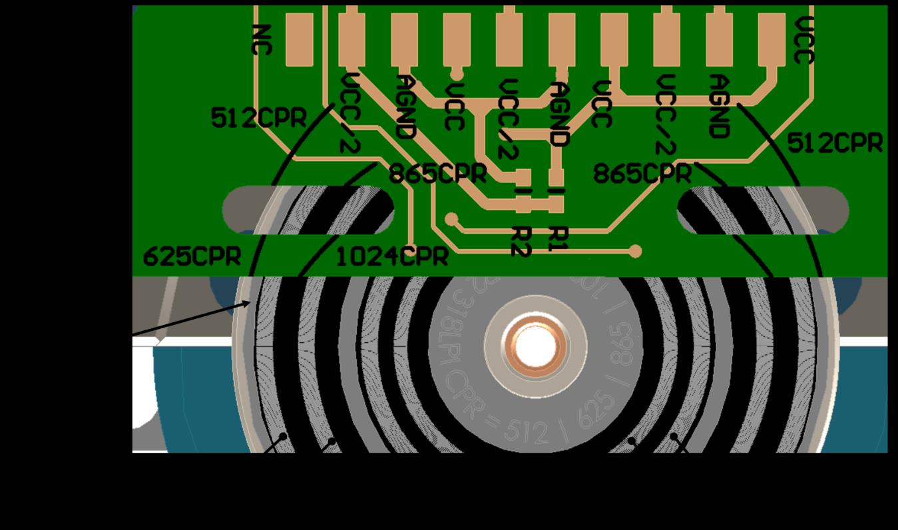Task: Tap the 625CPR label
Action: coord(192,257)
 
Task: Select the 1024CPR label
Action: coord(391,257)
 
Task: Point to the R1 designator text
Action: coord(558,238)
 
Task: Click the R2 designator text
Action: coord(521,240)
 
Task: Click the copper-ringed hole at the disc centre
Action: coord(535,347)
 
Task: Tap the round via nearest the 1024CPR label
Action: coord(451,219)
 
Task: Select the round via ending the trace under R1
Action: coord(635,251)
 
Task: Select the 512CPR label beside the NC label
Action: coord(258,119)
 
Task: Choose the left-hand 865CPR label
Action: coord(437,174)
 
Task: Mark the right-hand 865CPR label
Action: coord(642,174)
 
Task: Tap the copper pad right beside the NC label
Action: coord(299,39)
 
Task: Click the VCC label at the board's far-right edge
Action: coord(805,40)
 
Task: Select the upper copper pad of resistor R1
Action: coord(557,177)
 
